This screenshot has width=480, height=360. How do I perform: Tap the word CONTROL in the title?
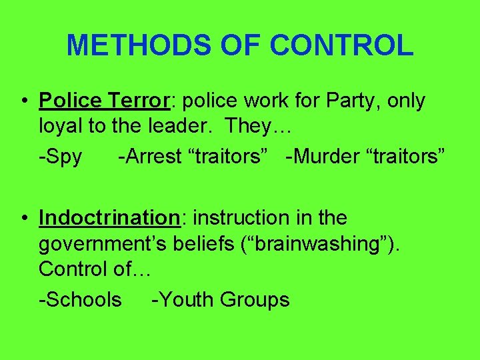(342, 45)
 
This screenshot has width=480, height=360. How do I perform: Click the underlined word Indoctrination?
(106, 218)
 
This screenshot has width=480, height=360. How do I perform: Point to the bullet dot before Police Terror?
(23, 101)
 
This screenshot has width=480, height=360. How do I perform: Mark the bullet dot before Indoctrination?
(23, 218)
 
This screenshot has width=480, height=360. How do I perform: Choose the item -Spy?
(61, 157)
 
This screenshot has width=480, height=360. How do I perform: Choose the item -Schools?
(81, 300)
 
